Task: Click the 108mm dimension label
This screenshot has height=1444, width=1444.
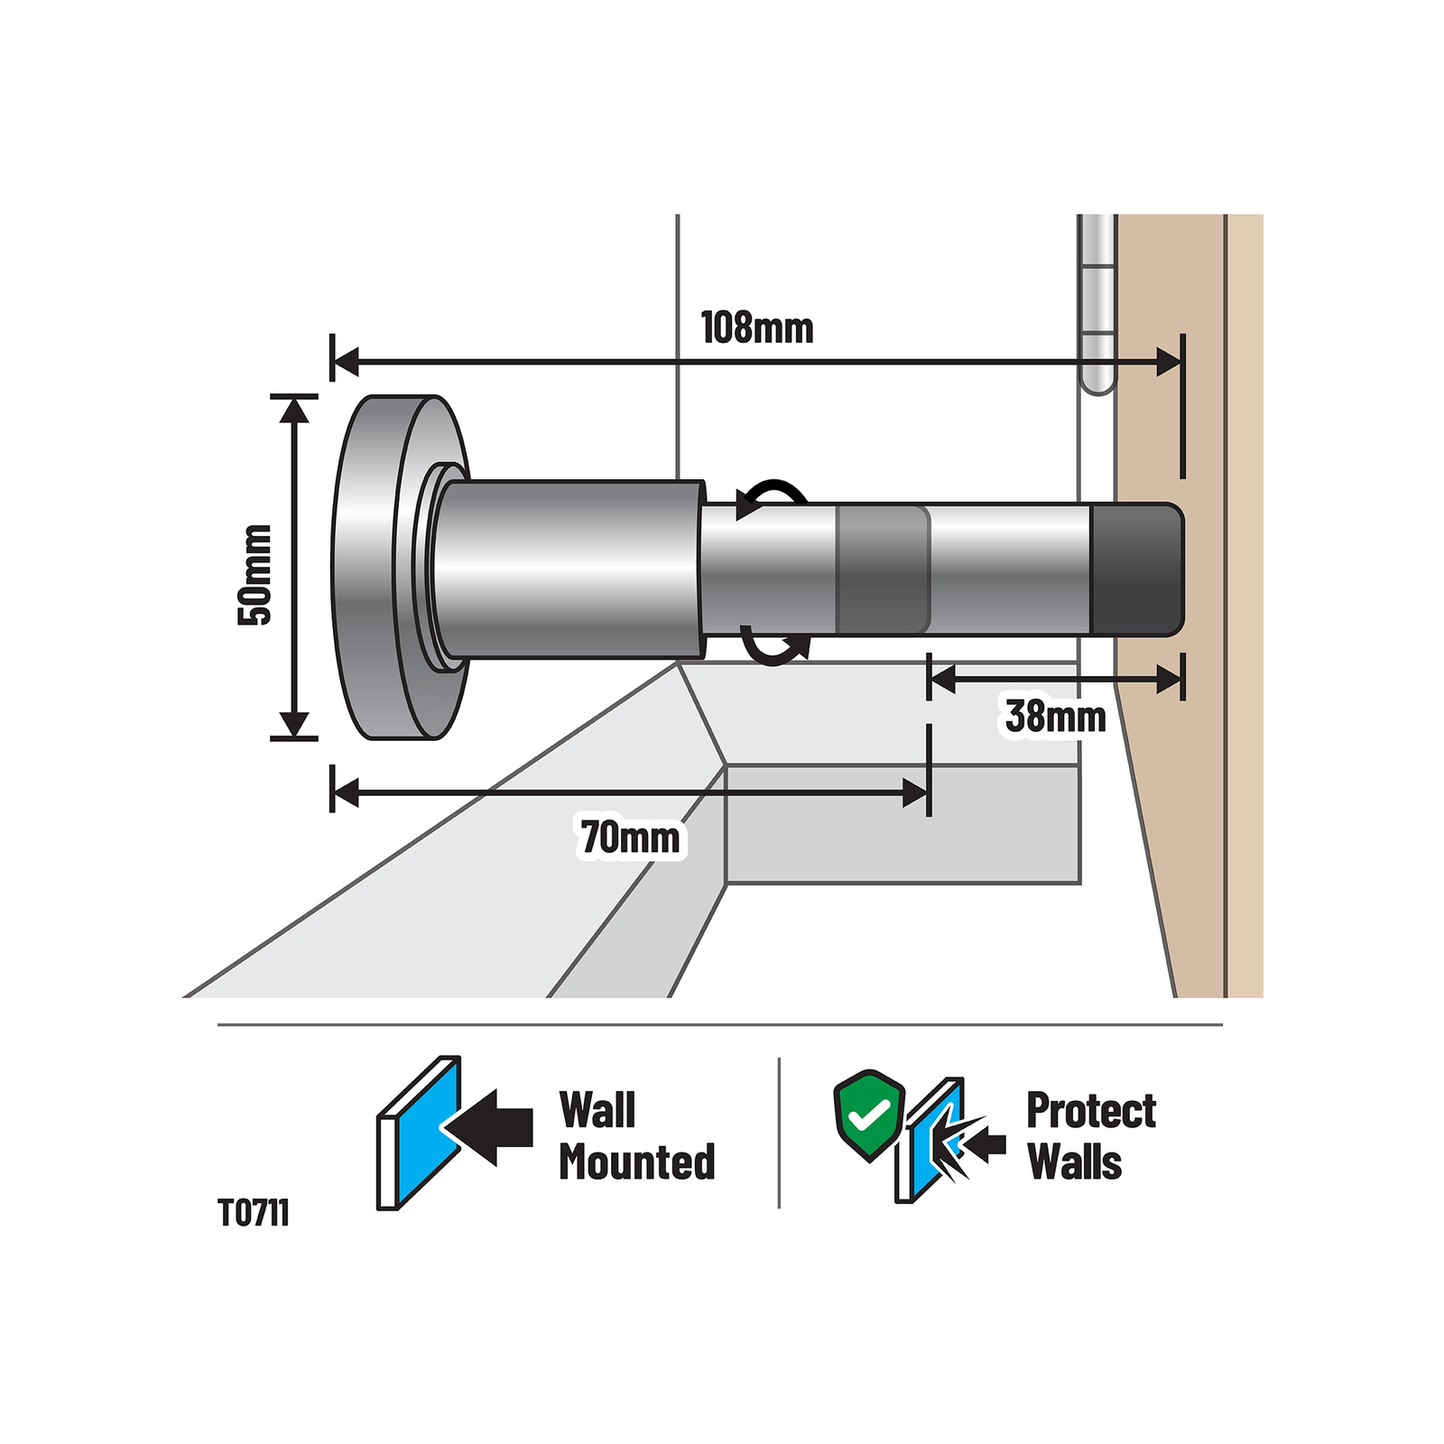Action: (x=757, y=328)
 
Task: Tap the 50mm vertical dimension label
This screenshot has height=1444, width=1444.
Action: (x=255, y=574)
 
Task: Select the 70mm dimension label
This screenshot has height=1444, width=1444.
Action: (x=631, y=838)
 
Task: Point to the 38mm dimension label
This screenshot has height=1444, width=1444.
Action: (x=1056, y=717)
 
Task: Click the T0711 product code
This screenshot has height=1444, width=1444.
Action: (x=254, y=1213)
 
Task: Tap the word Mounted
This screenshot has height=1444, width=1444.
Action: (x=637, y=1162)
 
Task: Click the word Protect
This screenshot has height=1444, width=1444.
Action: (x=1091, y=1110)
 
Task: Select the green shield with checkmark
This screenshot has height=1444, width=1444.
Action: (x=868, y=1115)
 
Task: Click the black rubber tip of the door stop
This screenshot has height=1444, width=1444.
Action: (x=1137, y=569)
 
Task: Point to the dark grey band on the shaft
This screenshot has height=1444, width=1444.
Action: (x=883, y=569)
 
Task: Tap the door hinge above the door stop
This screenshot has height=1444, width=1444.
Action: (x=1098, y=304)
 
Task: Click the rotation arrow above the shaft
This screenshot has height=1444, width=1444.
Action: (x=772, y=498)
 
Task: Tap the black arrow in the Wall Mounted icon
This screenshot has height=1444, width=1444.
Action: (x=488, y=1127)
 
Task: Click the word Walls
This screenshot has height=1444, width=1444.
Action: (x=1074, y=1162)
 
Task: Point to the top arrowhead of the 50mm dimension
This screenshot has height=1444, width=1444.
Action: (x=294, y=409)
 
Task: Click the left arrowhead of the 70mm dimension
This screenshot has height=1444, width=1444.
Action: (x=346, y=793)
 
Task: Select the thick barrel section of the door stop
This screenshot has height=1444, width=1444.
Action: (x=569, y=569)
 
